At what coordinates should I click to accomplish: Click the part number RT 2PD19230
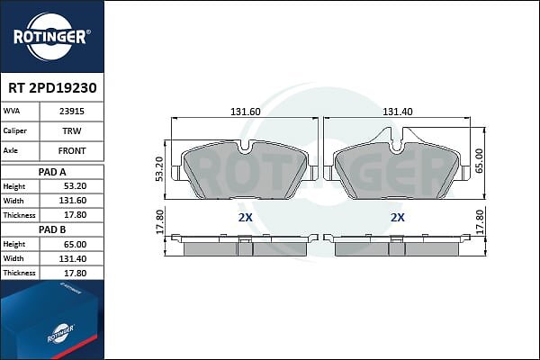[x=52, y=88]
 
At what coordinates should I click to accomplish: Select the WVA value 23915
[x=72, y=112]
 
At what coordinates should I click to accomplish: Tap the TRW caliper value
[x=72, y=130]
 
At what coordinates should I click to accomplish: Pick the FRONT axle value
[x=72, y=151]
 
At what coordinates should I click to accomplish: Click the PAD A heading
[x=52, y=172]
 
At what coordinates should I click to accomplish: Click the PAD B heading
[x=52, y=229]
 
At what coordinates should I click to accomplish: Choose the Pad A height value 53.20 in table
[x=75, y=186]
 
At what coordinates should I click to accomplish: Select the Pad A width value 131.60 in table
[x=73, y=201]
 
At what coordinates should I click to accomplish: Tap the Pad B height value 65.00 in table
[x=75, y=244]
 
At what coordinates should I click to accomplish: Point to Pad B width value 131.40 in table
[x=73, y=258]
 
